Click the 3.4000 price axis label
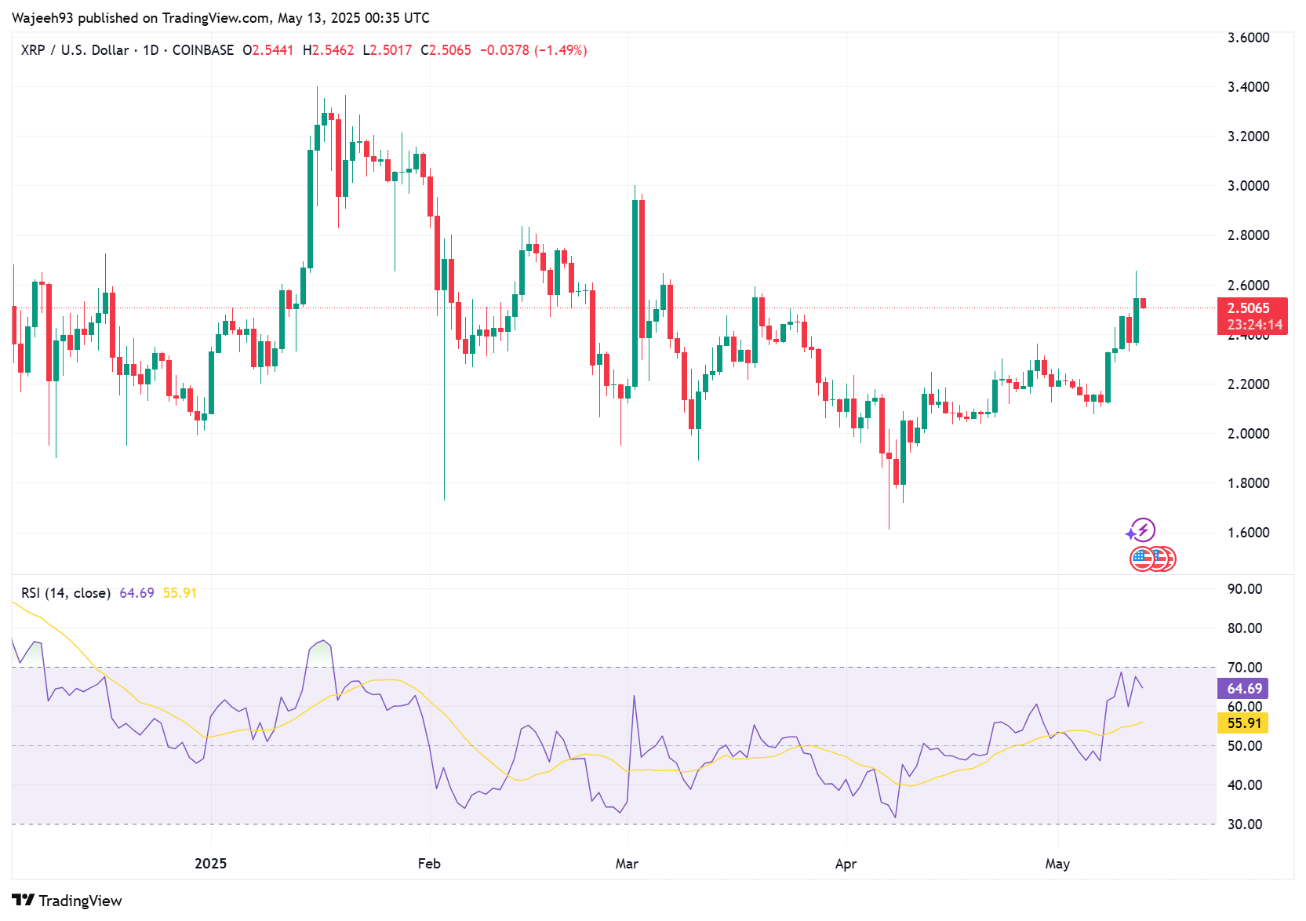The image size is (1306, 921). (1248, 87)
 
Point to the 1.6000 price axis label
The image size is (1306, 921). (1248, 533)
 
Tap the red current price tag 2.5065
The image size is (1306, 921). (1251, 308)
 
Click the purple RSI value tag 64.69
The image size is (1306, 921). (1244, 689)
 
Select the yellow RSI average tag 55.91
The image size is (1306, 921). (1244, 723)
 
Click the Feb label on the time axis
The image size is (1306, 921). (429, 864)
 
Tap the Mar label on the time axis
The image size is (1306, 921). (627, 864)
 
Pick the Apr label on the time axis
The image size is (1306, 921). (846, 864)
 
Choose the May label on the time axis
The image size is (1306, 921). (1057, 864)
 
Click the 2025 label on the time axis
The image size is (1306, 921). (210, 864)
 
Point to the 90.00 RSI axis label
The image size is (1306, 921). (1244, 589)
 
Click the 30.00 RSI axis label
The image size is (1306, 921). (1244, 825)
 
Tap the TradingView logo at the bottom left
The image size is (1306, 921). (67, 901)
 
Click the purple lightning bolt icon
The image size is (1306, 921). (1143, 530)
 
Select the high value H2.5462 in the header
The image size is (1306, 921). (328, 50)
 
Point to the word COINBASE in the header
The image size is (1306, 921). (203, 50)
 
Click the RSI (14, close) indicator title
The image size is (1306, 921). (66, 593)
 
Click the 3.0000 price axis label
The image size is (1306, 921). (1248, 186)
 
